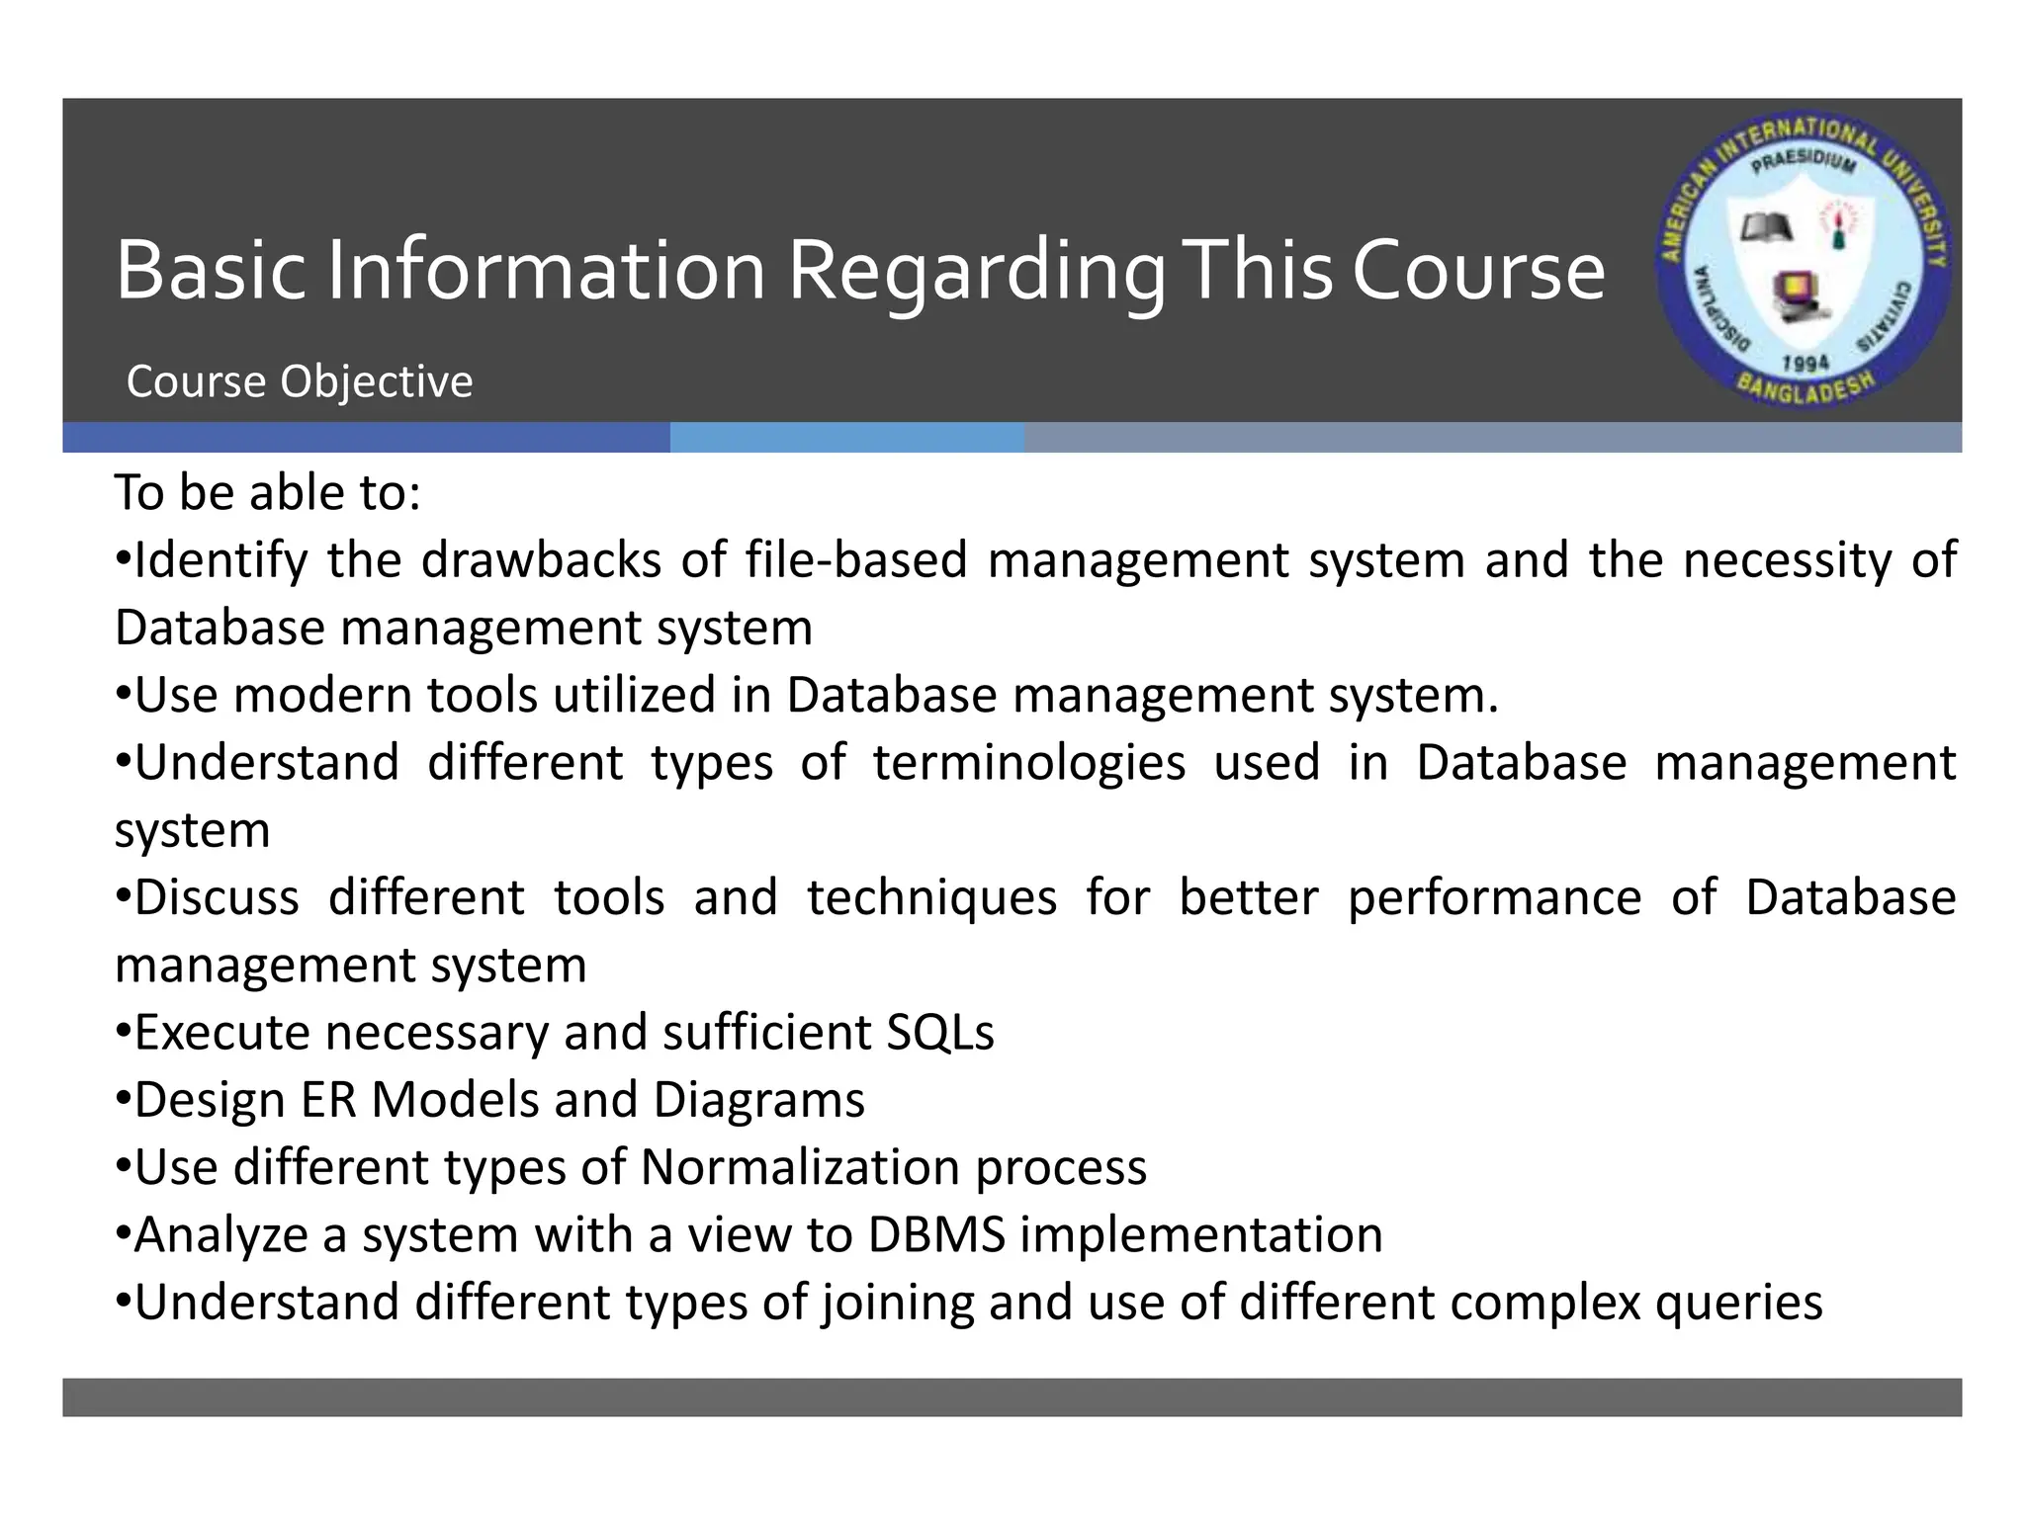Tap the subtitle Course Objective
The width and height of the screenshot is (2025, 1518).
pos(300,382)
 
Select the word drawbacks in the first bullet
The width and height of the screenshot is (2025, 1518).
pos(541,560)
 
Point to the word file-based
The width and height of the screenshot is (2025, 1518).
pos(856,560)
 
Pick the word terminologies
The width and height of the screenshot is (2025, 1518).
pos(1029,763)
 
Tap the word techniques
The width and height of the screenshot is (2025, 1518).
pos(931,897)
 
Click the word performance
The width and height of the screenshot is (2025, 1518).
pos(1494,897)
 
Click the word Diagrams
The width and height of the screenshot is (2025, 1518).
pos(758,1100)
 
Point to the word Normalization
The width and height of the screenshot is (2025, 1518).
pos(801,1167)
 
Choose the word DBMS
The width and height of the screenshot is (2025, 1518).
pos(936,1235)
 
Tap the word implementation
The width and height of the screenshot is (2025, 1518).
pos(1201,1235)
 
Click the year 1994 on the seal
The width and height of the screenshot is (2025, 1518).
pos(1805,364)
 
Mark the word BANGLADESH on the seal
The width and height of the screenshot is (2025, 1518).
pos(1805,388)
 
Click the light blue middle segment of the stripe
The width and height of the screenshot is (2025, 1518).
pos(846,438)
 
